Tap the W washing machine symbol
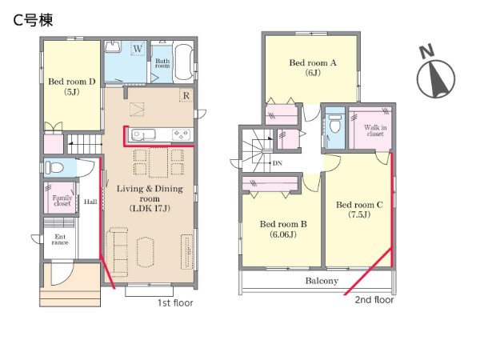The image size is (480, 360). [138, 49]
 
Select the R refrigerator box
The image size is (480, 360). [186, 95]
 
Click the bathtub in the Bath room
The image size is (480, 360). [183, 62]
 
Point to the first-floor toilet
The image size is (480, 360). [54, 168]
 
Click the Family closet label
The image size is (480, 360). [62, 201]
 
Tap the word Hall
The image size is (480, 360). [90, 202]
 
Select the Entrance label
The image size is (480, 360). [60, 239]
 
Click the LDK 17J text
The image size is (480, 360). [150, 209]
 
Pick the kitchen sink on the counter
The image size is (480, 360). [143, 134]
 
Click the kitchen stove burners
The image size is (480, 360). [182, 134]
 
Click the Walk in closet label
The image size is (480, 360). [375, 130]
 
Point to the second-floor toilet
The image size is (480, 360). [334, 122]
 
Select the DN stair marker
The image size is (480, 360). [277, 163]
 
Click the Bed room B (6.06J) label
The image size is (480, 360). [283, 229]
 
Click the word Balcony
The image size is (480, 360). [322, 281]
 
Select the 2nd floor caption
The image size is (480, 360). [374, 300]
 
